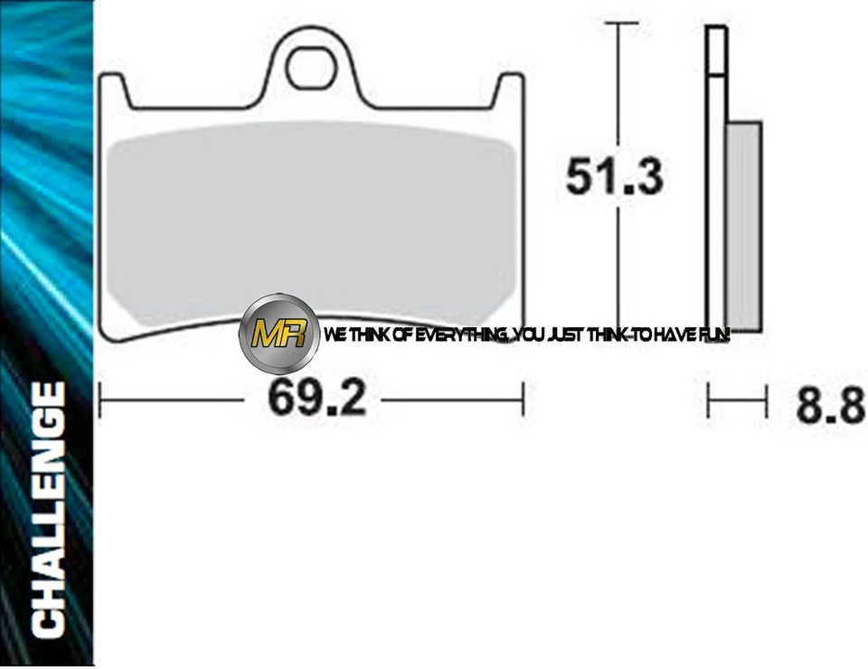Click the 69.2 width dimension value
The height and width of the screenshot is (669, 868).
click(x=316, y=399)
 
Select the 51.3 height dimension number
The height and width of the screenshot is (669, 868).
click(x=615, y=176)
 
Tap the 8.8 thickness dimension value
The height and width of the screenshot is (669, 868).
click(x=830, y=405)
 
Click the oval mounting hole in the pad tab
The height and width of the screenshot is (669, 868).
click(x=310, y=67)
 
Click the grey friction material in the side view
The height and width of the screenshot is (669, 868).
click(x=744, y=226)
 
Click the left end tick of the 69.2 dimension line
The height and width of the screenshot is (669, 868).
click(x=99, y=399)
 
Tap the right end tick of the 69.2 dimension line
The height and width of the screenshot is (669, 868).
click(x=523, y=399)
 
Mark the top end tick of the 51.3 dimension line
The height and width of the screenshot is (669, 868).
click(x=617, y=25)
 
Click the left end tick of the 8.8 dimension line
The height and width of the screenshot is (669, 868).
click(x=709, y=400)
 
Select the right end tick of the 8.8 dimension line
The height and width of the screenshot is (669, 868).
click(x=766, y=400)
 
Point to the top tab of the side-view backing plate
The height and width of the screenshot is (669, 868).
click(x=715, y=51)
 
